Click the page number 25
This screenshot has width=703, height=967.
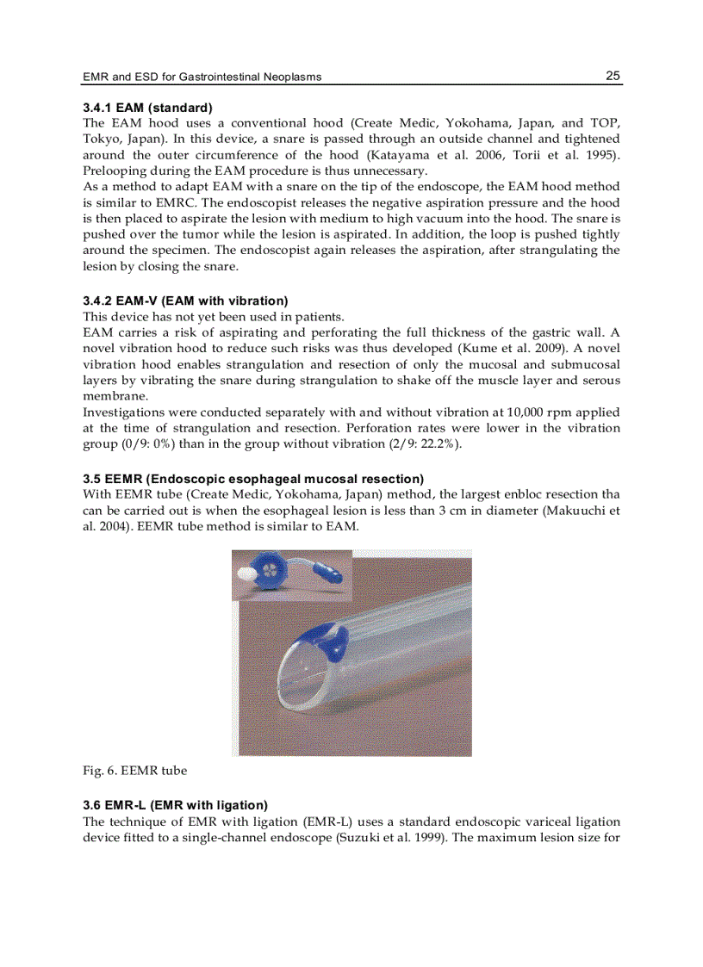[613, 76]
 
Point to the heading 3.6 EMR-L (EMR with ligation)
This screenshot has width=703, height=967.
[175, 805]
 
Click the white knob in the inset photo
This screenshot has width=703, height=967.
[245, 572]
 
